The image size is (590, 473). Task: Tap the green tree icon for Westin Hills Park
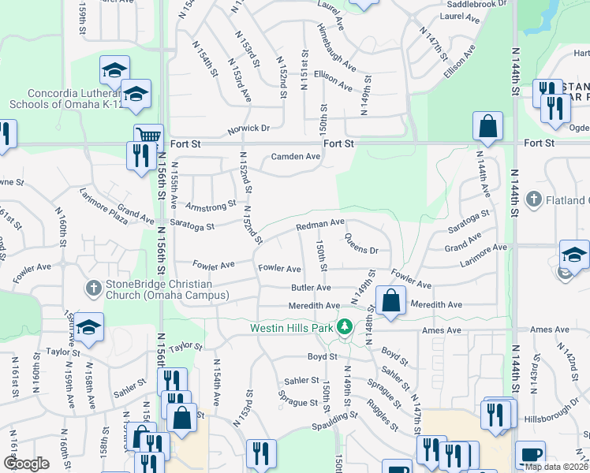tap(344, 326)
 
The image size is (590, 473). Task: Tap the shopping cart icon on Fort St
tap(147, 136)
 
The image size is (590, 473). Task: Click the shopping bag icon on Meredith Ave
tap(391, 300)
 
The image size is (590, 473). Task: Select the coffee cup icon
tap(529, 454)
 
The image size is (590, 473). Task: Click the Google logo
tap(26, 464)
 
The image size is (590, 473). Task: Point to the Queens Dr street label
tap(361, 249)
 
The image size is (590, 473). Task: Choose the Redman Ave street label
tap(320, 225)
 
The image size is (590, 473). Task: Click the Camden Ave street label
tap(296, 156)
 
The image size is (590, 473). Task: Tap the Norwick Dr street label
tap(248, 128)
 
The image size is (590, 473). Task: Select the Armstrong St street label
tap(211, 204)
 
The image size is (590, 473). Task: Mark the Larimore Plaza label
tap(103, 207)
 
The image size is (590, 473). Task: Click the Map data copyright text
tap(556, 466)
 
